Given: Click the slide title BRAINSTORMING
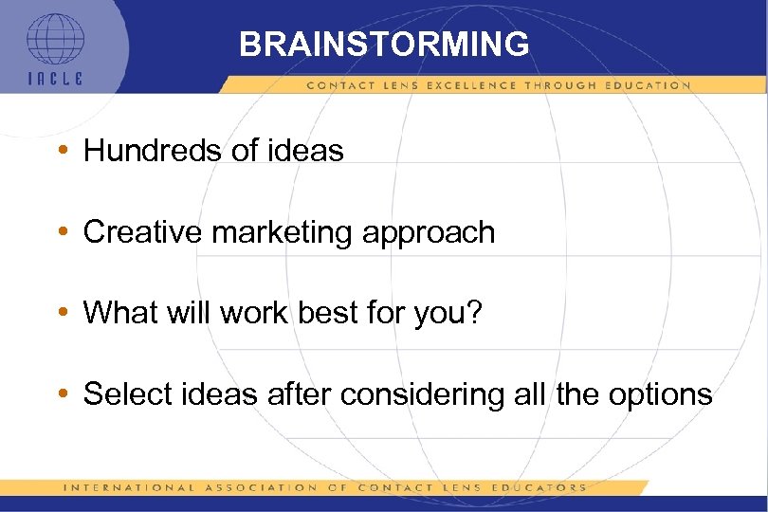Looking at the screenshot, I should pos(384,44).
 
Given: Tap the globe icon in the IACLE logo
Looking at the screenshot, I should pos(55,39).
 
